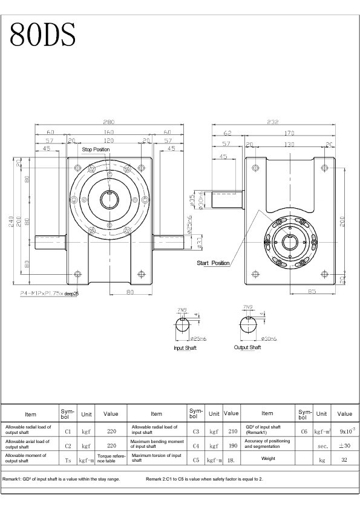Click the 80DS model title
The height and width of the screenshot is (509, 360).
click(x=43, y=36)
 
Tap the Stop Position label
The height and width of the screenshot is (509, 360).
click(x=96, y=149)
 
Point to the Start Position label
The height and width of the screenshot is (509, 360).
click(x=213, y=263)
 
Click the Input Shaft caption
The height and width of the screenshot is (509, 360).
click(x=185, y=348)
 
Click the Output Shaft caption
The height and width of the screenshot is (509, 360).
click(x=247, y=347)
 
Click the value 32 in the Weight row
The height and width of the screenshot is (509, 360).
click(x=344, y=460)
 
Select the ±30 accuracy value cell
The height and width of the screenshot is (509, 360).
click(x=344, y=446)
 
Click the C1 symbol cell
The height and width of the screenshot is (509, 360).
click(x=68, y=432)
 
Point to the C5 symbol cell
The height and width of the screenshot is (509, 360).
click(x=195, y=460)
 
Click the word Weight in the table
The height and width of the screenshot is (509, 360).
click(x=267, y=458)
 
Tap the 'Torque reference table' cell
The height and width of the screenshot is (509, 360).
click(x=111, y=458)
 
